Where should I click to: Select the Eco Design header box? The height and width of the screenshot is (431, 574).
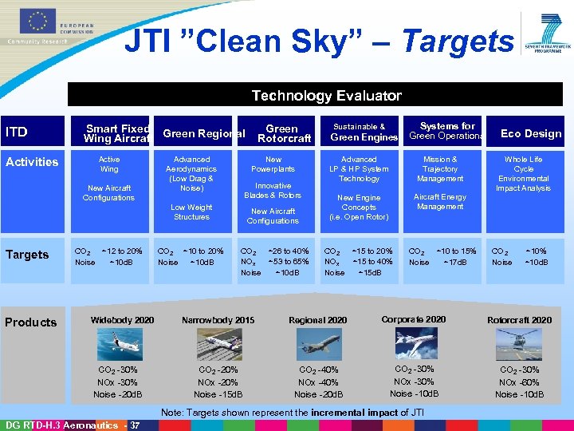(530, 133)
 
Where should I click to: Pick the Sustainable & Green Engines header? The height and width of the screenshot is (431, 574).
(360, 132)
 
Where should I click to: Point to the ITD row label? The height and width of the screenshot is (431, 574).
(17, 132)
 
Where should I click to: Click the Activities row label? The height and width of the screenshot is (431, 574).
(32, 162)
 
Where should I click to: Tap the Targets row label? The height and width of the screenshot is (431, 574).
(27, 255)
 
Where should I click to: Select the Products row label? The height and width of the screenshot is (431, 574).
(31, 322)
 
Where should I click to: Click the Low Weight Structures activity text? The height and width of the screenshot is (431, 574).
(191, 212)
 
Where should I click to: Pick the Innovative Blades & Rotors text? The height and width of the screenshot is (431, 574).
(273, 191)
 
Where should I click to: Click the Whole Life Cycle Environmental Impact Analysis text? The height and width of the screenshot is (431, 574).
(523, 174)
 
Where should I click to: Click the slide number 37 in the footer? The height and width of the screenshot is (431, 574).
(135, 425)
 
